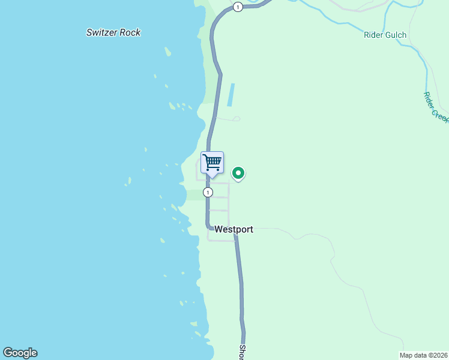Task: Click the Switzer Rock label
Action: (113, 32)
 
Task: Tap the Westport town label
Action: (234, 229)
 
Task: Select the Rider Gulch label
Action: (385, 35)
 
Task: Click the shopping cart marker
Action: (212, 163)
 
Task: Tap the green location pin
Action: (238, 174)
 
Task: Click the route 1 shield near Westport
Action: (208, 193)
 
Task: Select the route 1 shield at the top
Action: (238, 7)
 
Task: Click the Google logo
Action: (20, 353)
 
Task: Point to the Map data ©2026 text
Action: (424, 355)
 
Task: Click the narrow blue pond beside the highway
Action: (231, 95)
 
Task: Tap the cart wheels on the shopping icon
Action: (212, 169)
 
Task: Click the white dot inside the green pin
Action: (238, 173)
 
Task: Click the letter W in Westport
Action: (218, 229)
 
